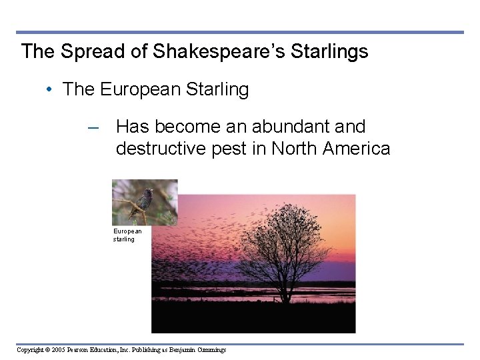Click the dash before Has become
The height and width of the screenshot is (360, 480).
pos(94,127)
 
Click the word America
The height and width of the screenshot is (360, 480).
pos(357,148)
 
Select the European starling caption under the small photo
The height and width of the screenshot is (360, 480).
pos(127,235)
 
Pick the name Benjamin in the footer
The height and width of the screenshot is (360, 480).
pos(183,349)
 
